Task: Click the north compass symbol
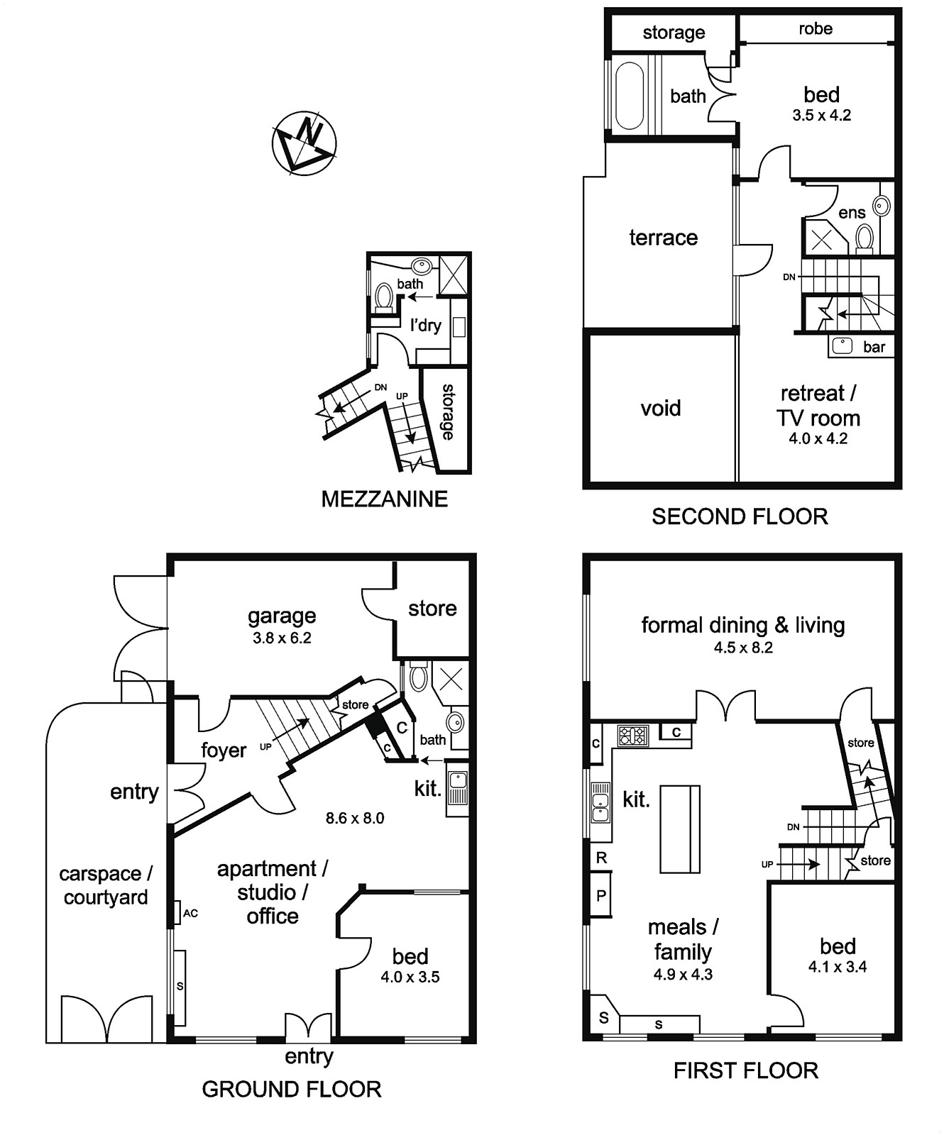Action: point(304,142)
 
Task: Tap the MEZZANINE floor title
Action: point(385,499)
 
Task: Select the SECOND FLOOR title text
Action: point(740,516)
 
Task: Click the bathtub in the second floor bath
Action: point(629,96)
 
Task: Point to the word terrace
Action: point(664,237)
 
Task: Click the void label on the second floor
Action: point(661,408)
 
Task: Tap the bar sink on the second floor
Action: point(842,346)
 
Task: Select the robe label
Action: point(816,28)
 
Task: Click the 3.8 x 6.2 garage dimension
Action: point(282,638)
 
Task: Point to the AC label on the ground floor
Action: point(190,913)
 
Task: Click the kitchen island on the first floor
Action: point(680,829)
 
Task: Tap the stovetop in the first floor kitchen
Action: point(632,736)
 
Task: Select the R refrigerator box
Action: point(601,858)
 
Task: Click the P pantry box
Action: point(601,895)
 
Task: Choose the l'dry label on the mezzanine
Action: point(426,325)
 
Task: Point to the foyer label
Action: point(224,750)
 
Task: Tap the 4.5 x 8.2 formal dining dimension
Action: point(743,647)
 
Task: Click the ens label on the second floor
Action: point(852,213)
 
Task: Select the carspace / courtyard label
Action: point(105,885)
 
